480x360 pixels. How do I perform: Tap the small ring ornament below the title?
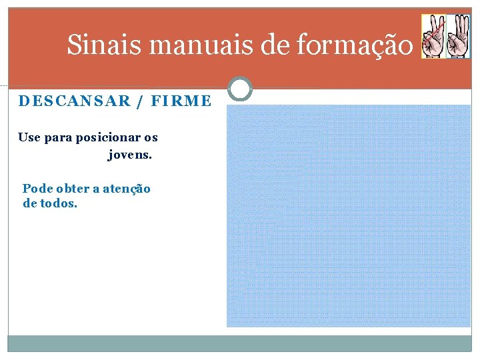click(240, 89)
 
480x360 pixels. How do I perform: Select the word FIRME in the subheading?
click(181, 101)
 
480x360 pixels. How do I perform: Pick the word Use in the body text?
click(29, 137)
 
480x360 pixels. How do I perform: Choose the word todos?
click(59, 203)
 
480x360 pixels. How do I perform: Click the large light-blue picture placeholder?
click(348, 215)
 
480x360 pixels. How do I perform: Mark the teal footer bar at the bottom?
click(239, 343)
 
